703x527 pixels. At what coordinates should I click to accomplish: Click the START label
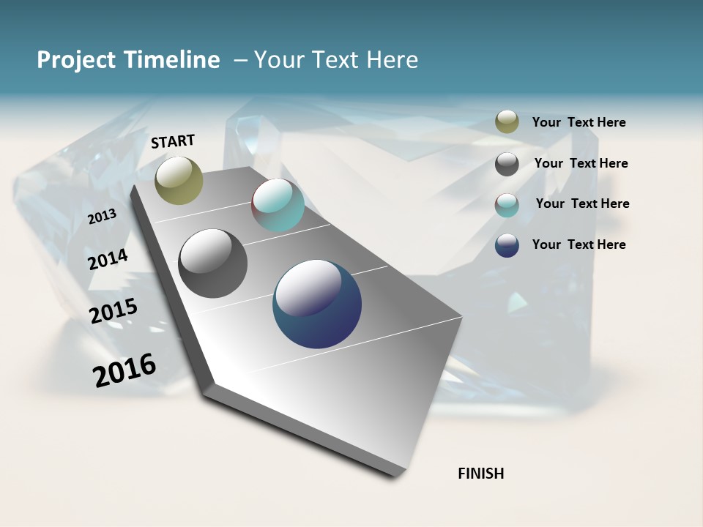pos(173,141)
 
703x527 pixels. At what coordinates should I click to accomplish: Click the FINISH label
pos(481,474)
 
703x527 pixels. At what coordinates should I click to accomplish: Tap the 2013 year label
pos(103,216)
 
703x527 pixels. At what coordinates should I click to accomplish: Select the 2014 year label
pos(108,259)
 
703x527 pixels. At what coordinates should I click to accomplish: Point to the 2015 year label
pos(114,311)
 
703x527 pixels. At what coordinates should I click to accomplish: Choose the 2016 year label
pos(124,370)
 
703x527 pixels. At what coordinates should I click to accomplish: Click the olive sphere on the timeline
pos(179,180)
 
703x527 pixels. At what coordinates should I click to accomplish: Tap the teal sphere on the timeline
pos(278,205)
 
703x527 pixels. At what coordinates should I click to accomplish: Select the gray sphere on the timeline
pos(213,263)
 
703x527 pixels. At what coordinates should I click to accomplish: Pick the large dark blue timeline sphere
pos(317,304)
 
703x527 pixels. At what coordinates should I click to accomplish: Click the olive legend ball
pos(507,122)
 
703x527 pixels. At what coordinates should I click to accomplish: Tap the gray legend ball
pos(507,164)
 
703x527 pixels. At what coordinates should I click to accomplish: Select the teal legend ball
pos(507,205)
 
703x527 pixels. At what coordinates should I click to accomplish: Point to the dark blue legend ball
pos(507,245)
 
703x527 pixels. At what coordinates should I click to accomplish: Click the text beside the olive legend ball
pos(579,123)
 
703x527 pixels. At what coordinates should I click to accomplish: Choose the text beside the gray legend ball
pos(581,163)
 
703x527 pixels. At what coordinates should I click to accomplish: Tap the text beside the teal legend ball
pos(582,203)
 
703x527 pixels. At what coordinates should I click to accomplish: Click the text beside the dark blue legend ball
pos(579,244)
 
